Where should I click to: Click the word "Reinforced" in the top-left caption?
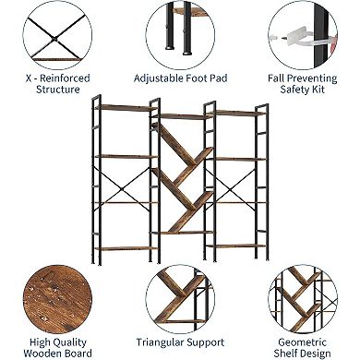(x=65, y=78)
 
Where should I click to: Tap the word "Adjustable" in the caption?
(x=156, y=78)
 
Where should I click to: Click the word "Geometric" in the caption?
(x=302, y=342)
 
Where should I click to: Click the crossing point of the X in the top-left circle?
(x=55, y=39)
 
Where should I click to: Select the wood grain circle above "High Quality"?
(x=57, y=299)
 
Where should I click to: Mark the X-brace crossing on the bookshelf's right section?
(x=230, y=190)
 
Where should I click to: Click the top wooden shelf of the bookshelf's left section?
(x=124, y=108)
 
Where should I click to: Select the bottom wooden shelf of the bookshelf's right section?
(x=236, y=246)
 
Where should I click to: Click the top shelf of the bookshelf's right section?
(x=237, y=114)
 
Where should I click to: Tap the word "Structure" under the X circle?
(x=58, y=90)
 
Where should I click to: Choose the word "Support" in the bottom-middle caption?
(x=205, y=343)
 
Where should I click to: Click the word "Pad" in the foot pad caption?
(x=219, y=78)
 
